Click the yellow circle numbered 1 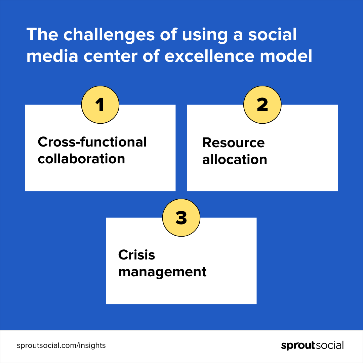[x=100, y=105]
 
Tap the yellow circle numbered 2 [x=262, y=105]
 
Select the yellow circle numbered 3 [x=181, y=217]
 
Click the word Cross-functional [x=92, y=142]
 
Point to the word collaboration [x=81, y=159]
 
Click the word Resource [x=233, y=143]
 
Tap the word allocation [x=235, y=160]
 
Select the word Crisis [x=136, y=255]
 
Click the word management [x=162, y=272]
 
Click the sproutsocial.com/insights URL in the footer [x=61, y=346]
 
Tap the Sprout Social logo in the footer [x=312, y=346]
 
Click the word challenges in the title [x=109, y=35]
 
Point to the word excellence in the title [x=209, y=56]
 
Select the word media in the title [x=52, y=56]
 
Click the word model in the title [x=286, y=56]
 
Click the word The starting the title [x=42, y=35]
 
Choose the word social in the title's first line [x=272, y=35]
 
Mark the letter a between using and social [x=238, y=36]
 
